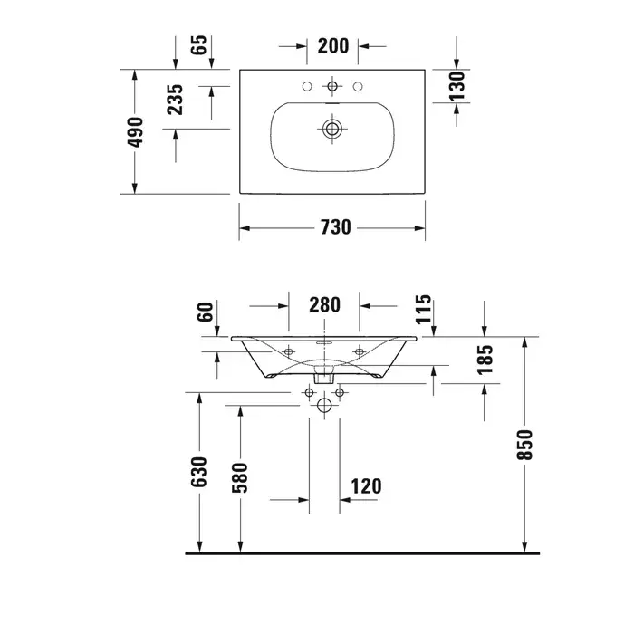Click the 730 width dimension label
(336, 227)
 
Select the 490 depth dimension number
(135, 132)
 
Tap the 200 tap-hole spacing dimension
(332, 45)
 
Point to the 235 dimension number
(175, 100)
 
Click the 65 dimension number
(199, 45)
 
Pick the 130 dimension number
(456, 86)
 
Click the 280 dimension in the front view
(324, 305)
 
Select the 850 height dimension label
(524, 445)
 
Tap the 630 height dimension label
(199, 472)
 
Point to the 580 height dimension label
(239, 478)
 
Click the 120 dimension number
(366, 486)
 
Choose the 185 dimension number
(485, 360)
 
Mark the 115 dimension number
(423, 310)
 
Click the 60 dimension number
(205, 312)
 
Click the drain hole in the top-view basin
(332, 129)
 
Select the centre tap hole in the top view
(332, 86)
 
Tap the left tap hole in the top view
(307, 86)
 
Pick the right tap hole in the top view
(358, 86)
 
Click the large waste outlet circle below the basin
(324, 405)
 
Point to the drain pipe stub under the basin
(324, 374)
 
